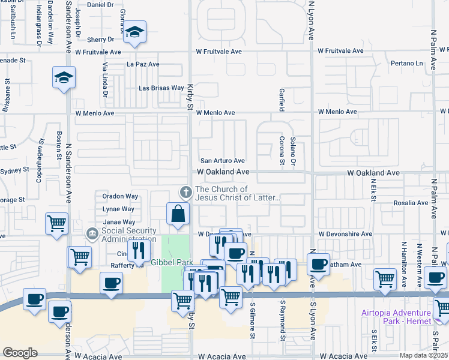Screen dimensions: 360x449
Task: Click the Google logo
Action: pos(20,353)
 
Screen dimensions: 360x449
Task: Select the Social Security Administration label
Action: pos(128,235)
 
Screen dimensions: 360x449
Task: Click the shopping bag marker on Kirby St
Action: pos(178,213)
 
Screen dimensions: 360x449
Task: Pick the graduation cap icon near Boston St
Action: pos(64,77)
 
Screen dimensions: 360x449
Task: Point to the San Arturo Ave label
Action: pos(222,161)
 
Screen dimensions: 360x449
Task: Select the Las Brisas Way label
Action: pos(161,88)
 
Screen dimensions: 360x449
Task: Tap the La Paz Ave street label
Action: pos(143,64)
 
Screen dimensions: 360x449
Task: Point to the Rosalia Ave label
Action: pos(411,203)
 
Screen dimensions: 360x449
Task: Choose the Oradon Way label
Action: pos(120,196)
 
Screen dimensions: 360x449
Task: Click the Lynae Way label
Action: pos(118,209)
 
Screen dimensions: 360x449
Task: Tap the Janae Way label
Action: pos(118,222)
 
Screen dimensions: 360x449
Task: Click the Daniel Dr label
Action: pos(100,4)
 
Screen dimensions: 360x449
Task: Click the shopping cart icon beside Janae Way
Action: pos(56,224)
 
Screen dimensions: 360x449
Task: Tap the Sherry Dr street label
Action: pos(100,39)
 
